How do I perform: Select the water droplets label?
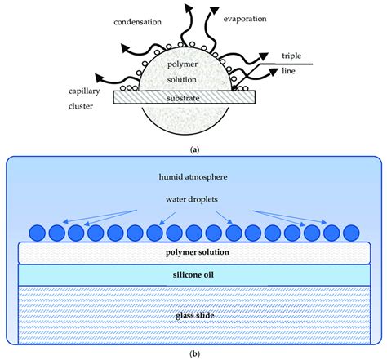click(193, 199)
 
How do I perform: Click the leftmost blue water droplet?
click(38, 232)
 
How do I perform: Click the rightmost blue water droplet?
click(349, 232)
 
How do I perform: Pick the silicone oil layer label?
click(193, 277)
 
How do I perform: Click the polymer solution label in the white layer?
click(193, 253)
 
